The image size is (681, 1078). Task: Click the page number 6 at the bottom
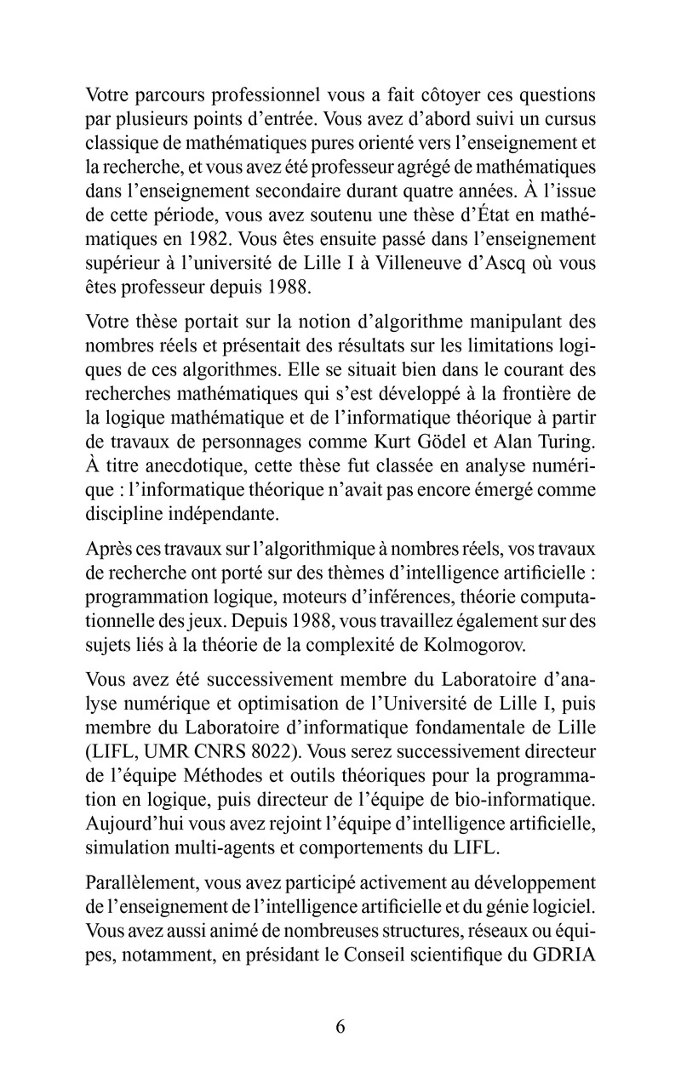coord(340,1025)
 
